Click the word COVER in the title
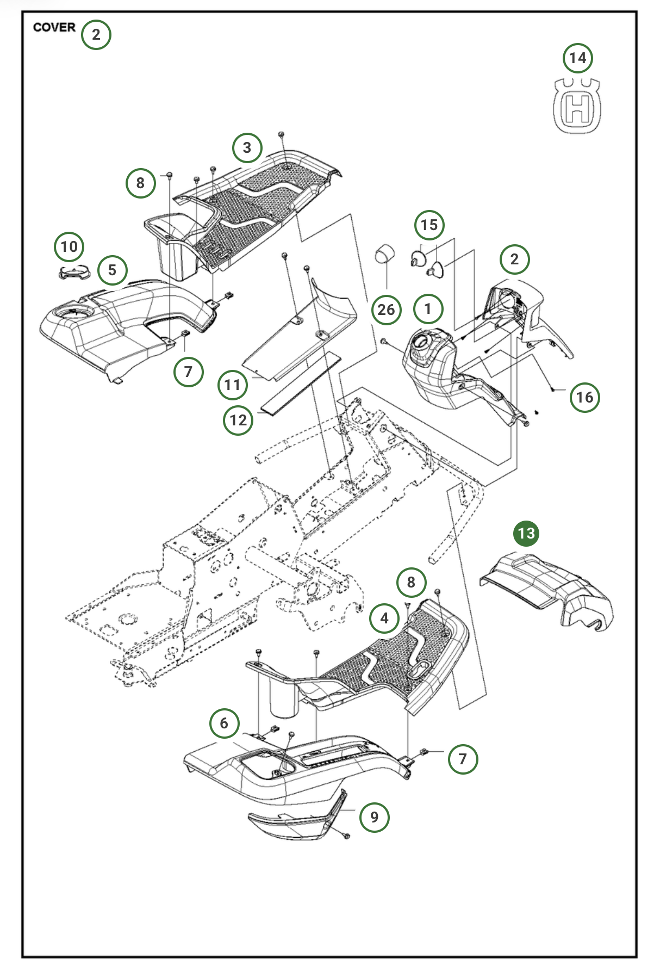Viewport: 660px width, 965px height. [54, 27]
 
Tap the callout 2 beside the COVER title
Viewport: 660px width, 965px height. [96, 35]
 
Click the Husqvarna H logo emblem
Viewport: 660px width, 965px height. [577, 106]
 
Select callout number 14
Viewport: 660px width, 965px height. [577, 58]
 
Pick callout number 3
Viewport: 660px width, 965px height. [247, 147]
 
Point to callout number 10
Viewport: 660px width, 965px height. [69, 246]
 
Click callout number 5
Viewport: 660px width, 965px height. [113, 270]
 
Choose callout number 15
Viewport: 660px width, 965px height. [429, 225]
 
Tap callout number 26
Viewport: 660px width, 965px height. [386, 310]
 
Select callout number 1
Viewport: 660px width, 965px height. [428, 309]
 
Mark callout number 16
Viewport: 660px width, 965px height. [584, 397]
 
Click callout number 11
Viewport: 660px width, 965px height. [233, 385]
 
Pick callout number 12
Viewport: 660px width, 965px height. [238, 420]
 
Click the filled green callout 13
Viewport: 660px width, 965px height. [526, 533]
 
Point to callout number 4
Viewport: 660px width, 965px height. [384, 618]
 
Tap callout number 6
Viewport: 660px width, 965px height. [224, 723]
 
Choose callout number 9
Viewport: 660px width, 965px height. [374, 816]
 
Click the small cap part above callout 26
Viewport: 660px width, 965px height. [384, 253]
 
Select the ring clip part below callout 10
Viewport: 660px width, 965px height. [73, 271]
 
